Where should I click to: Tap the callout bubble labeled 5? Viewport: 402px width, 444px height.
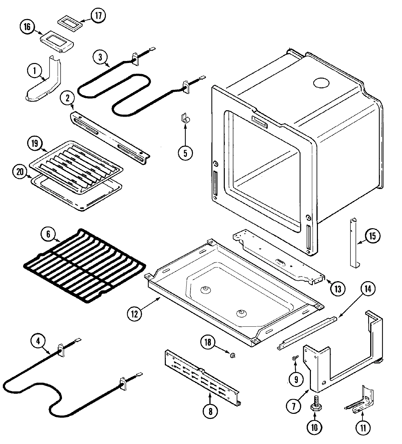(185, 153)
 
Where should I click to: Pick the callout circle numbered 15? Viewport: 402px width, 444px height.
(372, 236)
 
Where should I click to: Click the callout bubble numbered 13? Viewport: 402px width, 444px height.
(337, 288)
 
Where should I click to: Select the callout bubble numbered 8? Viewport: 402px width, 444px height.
(210, 411)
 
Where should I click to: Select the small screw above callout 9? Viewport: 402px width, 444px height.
(295, 359)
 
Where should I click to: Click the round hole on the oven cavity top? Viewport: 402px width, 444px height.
(321, 82)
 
